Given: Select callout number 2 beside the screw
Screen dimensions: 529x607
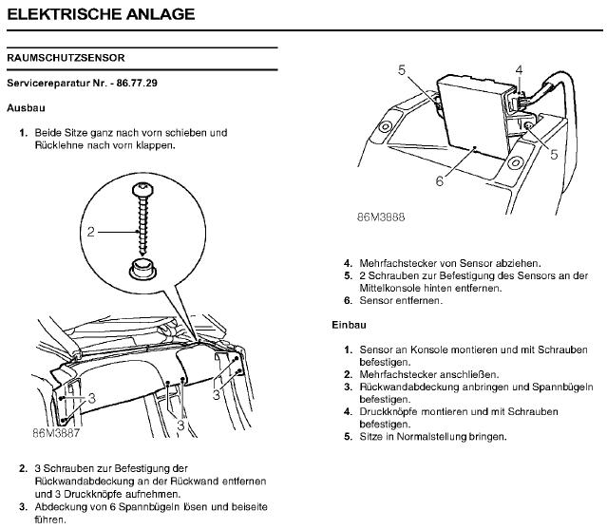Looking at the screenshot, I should pyautogui.click(x=91, y=231).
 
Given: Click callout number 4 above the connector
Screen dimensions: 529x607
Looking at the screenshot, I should pyautogui.click(x=519, y=70).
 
